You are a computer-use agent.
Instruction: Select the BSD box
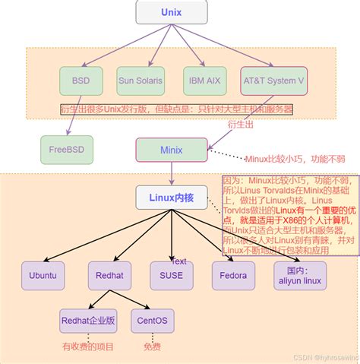pyautogui.click(x=81, y=81)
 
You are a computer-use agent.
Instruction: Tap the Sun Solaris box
pyautogui.click(x=146, y=81)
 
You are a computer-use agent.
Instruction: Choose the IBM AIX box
pyautogui.click(x=205, y=81)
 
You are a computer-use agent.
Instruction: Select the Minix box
pyautogui.click(x=171, y=149)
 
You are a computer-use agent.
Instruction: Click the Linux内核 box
pyautogui.click(x=171, y=198)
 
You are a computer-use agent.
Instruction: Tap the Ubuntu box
pyautogui.click(x=43, y=276)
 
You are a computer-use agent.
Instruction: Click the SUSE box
pyautogui.click(x=171, y=276)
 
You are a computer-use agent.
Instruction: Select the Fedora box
pyautogui.click(x=233, y=276)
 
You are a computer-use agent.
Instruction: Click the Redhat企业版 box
pyautogui.click(x=88, y=321)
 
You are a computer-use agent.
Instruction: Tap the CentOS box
pyautogui.click(x=153, y=321)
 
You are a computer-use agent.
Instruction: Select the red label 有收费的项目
pyautogui.click(x=88, y=346)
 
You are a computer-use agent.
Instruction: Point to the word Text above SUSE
pyautogui.click(x=179, y=261)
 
